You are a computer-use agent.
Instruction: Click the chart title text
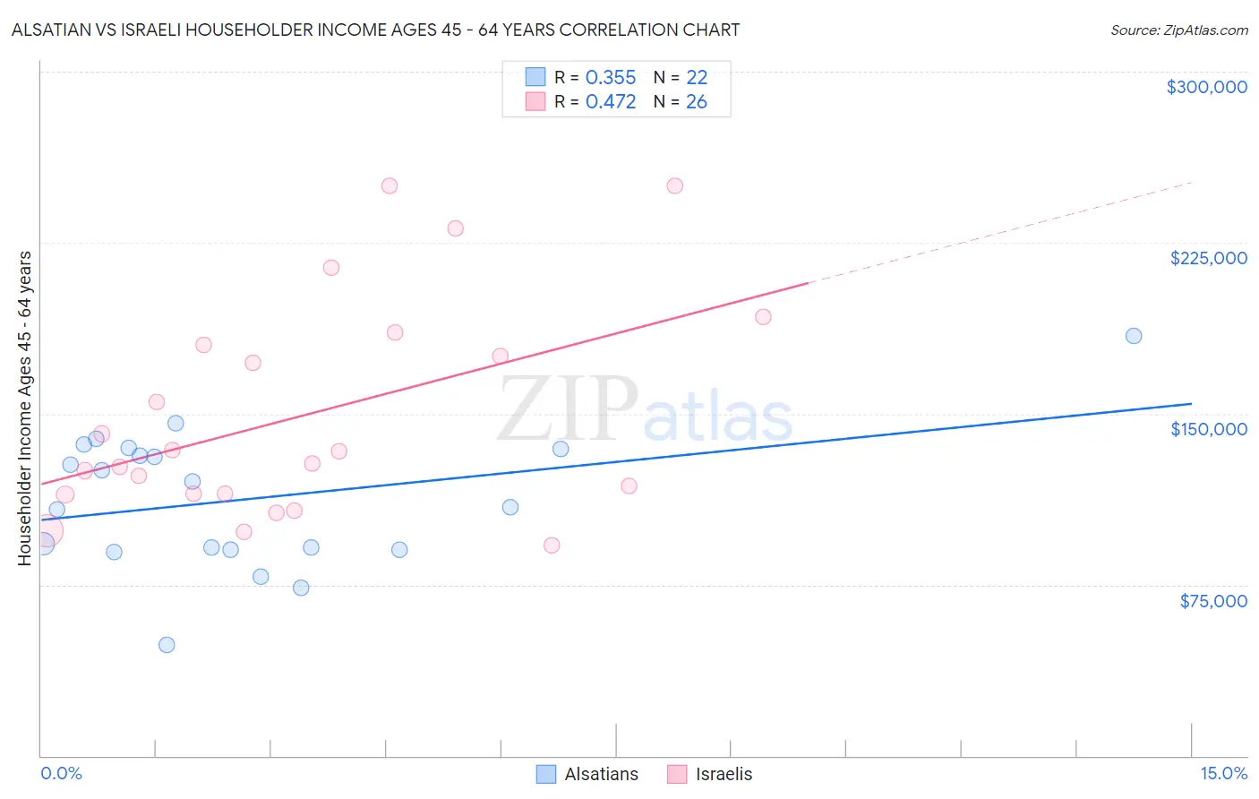pos(375,30)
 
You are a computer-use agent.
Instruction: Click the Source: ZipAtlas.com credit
pos(1178,30)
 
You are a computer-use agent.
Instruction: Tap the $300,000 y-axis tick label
pos(1206,87)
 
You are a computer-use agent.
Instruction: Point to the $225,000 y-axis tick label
pos(1208,258)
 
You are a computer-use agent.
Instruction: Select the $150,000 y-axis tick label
pos(1208,429)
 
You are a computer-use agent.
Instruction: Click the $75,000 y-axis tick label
pos(1212,601)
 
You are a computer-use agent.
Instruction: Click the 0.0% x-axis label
pos(61,773)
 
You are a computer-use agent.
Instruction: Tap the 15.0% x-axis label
pos(1223,773)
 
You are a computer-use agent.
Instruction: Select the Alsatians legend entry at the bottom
pos(587,774)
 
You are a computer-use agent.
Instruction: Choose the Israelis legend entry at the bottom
pos(710,774)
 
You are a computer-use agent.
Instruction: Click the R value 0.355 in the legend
pos(610,78)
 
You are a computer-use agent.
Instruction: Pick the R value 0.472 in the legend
pos(610,102)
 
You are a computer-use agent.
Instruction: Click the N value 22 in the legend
pos(696,78)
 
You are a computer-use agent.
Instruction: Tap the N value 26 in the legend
pos(696,102)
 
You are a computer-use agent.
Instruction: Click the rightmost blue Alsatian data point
pos(1133,336)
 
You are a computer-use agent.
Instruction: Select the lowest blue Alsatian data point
pos(167,645)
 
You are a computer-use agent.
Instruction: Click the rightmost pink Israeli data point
pos(763,317)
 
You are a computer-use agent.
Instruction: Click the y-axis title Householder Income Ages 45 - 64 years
pos(24,408)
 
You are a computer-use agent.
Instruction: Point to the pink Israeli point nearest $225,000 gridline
pos(455,228)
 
